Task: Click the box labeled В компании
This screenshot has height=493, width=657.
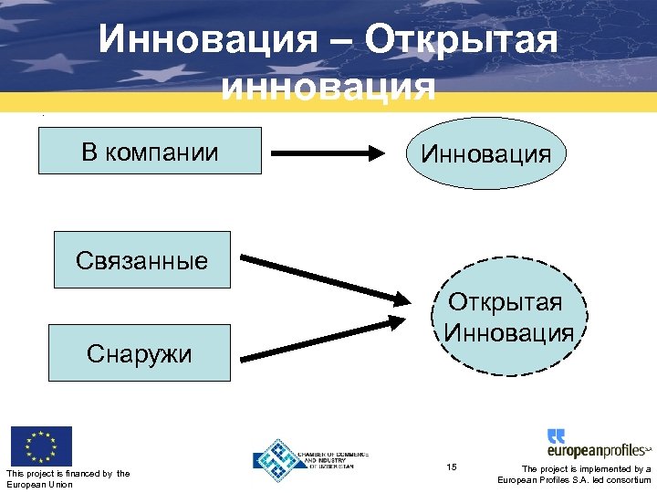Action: click(x=150, y=151)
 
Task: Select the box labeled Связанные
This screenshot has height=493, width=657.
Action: click(x=141, y=260)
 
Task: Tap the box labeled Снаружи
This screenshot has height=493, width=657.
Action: click(x=140, y=352)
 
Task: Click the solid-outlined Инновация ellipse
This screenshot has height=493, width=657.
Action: click(x=485, y=152)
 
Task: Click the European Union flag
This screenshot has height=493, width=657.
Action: click(x=40, y=446)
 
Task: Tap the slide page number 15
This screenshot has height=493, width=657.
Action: click(x=452, y=467)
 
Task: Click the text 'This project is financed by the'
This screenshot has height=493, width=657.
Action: click(x=68, y=473)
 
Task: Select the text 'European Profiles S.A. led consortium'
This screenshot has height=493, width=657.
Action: click(x=574, y=480)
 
